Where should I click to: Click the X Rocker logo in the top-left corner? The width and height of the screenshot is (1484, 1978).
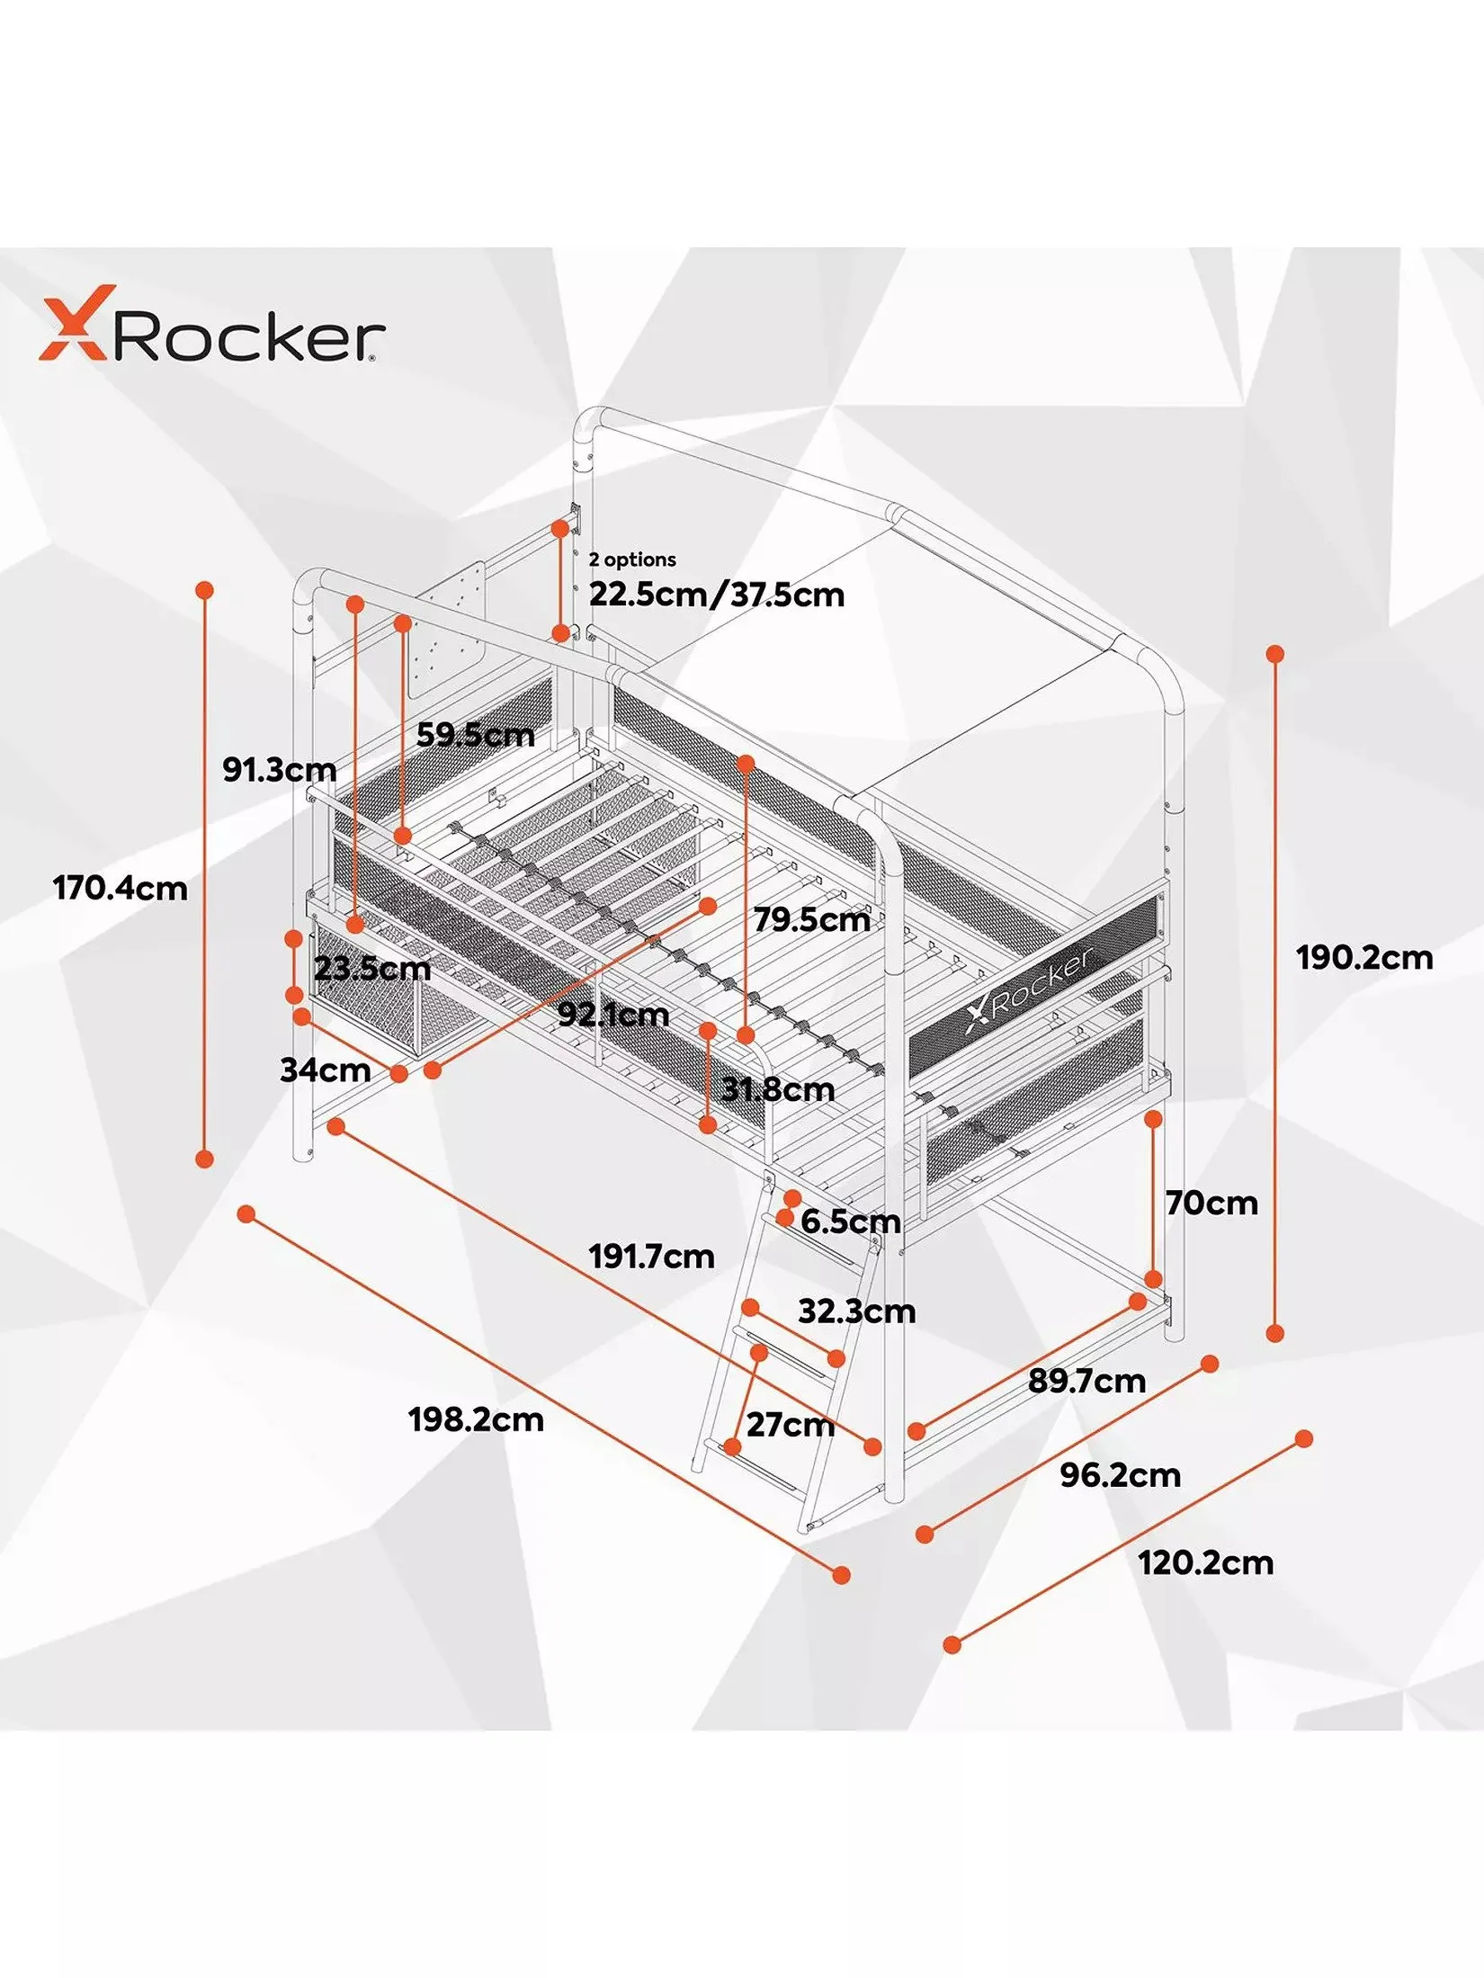pos(212,325)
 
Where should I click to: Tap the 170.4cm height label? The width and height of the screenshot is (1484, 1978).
pos(121,889)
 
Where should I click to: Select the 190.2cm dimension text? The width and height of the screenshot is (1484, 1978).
pos(1364,957)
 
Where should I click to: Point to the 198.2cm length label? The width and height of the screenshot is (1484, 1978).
pos(476,1419)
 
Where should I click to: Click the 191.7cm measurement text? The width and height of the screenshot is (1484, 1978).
pos(652,1256)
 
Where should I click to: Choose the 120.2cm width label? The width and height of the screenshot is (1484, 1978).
pos(1205,1562)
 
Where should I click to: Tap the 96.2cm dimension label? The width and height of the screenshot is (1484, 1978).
pos(1120,1475)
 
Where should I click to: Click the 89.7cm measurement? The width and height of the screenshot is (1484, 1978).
pos(1086,1381)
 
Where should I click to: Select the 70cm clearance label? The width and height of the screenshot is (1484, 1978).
pos(1211,1204)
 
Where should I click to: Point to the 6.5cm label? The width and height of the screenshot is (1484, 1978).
pos(850,1222)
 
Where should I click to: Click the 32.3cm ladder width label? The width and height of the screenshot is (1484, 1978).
pos(856,1311)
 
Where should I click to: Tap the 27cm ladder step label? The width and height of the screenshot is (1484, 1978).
pos(790,1425)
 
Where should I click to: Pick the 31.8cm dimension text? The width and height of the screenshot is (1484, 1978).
pos(778,1090)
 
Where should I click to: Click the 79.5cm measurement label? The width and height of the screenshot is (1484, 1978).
pos(812,919)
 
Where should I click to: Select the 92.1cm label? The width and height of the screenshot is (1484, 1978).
pos(613,1015)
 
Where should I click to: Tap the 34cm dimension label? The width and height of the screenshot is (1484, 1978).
pos(325,1070)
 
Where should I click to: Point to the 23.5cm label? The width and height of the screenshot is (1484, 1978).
pos(372,969)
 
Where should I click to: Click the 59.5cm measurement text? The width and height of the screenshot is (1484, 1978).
pos(475,735)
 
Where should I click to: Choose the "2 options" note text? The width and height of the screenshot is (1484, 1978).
pos(632,559)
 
